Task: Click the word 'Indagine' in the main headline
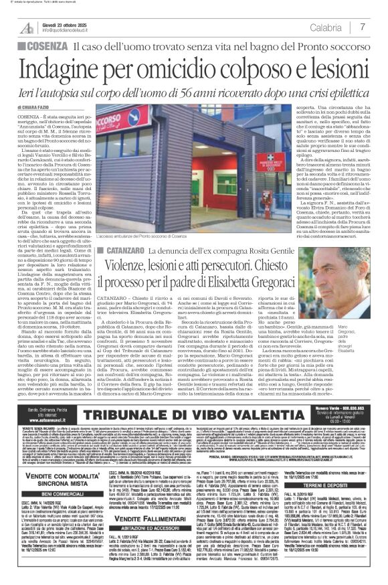coord(63,70)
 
